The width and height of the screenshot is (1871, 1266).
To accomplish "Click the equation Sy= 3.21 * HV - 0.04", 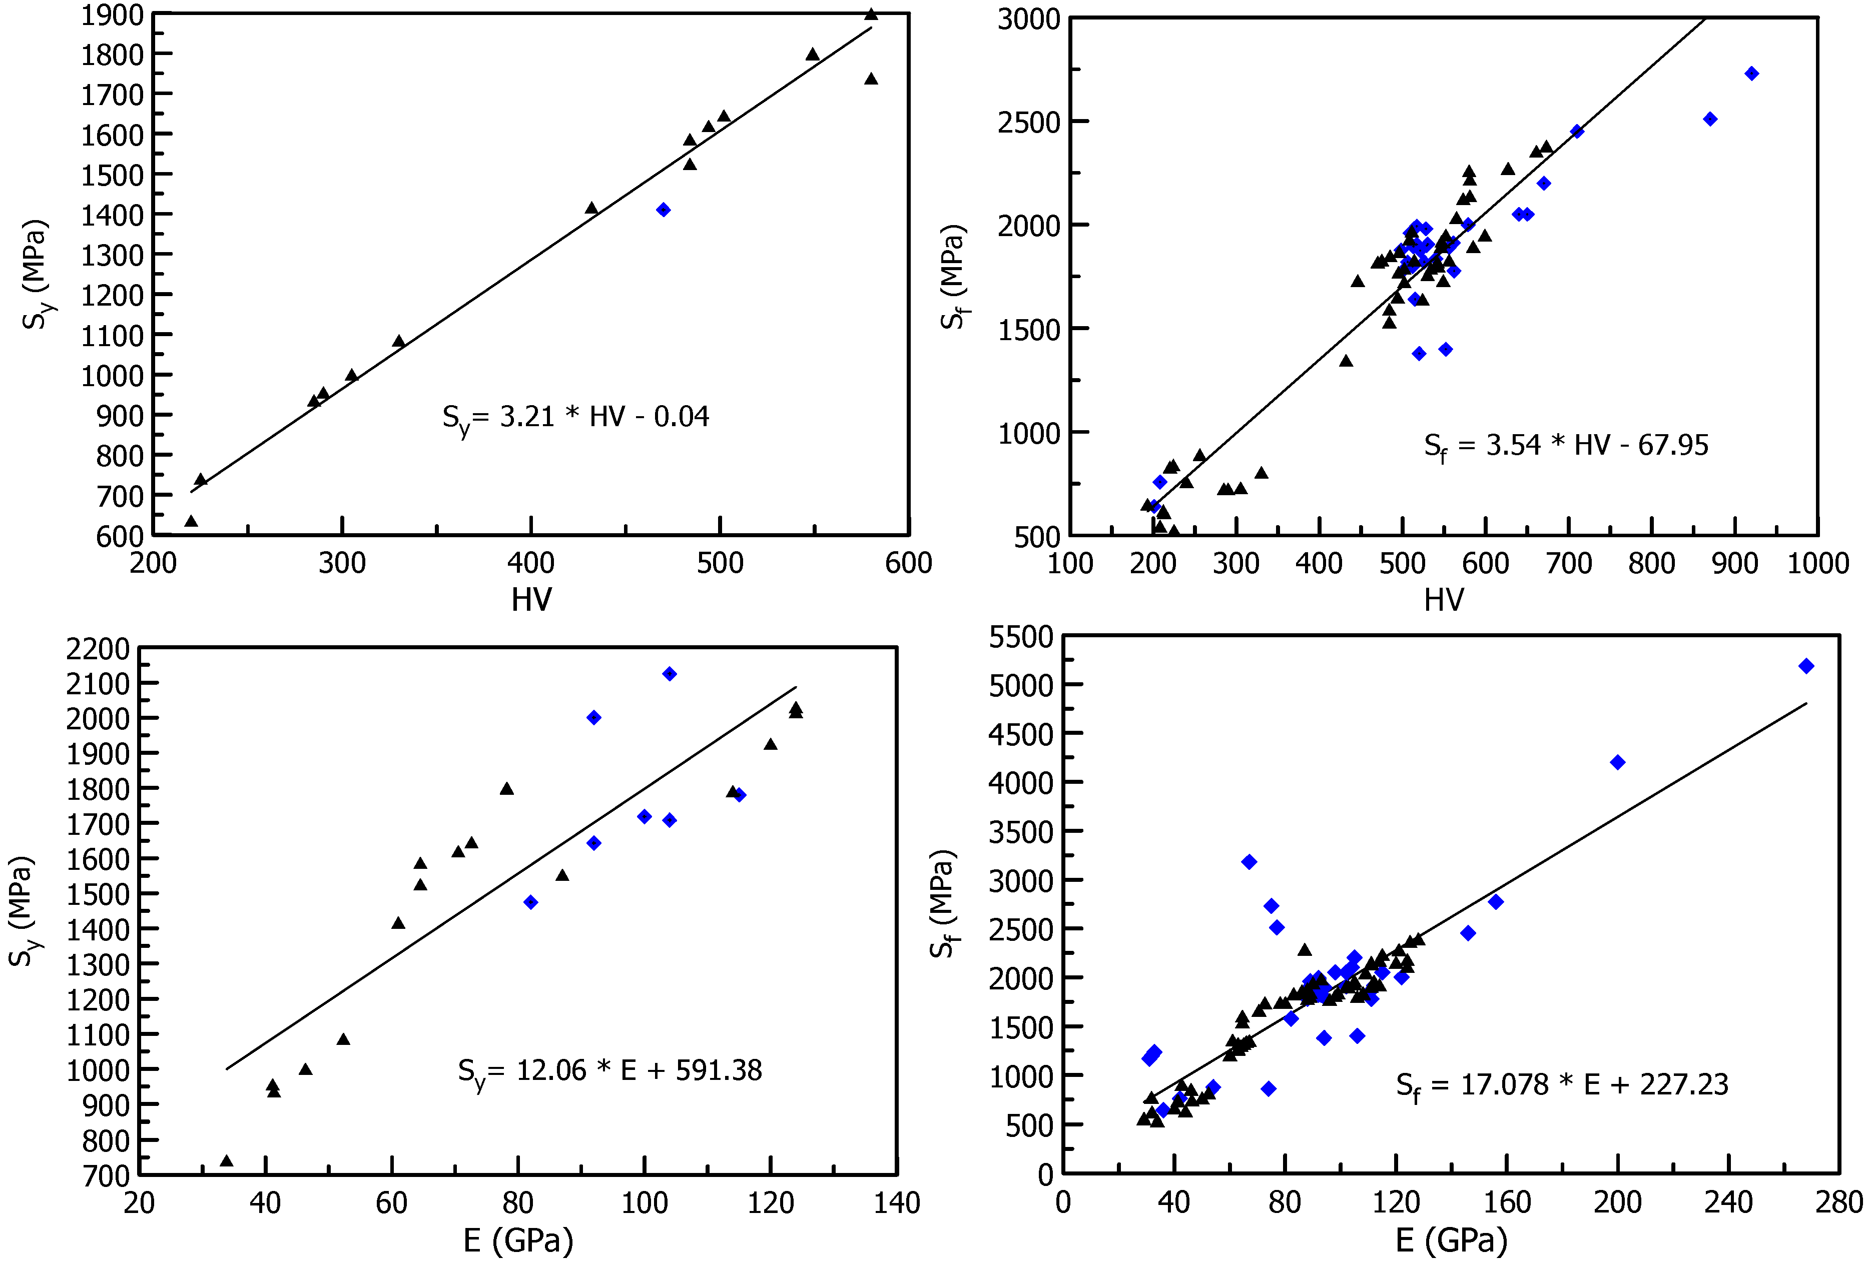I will [575, 417].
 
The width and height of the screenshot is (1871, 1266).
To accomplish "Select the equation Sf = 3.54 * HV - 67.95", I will [1565, 446].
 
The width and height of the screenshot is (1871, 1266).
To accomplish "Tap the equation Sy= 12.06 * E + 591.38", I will [609, 1071].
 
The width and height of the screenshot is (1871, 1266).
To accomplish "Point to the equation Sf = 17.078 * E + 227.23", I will [1561, 1085].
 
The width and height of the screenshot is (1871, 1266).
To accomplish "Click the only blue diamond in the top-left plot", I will [664, 210].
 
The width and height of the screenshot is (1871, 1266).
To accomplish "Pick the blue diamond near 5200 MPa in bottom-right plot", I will [1806, 666].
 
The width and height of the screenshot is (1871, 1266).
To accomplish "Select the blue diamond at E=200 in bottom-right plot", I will [1617, 762].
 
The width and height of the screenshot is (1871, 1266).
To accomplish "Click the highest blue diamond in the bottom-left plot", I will [669, 674].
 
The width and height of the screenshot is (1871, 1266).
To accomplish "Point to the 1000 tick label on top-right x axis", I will [1818, 563].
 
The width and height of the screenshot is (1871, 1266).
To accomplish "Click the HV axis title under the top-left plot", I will [531, 600].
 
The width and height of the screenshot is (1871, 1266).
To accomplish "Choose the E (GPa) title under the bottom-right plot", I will [1451, 1240].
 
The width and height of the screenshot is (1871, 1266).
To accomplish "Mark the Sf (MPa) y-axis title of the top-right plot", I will [954, 277].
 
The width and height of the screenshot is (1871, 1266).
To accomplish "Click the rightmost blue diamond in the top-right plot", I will [1751, 74].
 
